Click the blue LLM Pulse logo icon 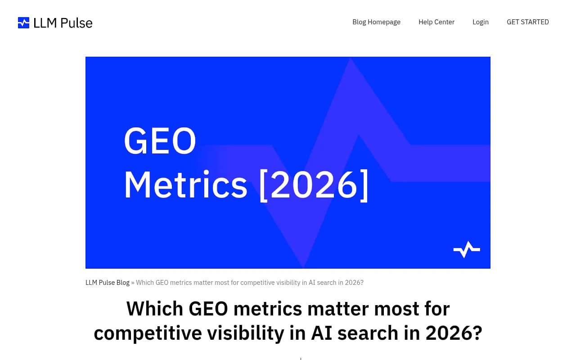[x=23, y=22]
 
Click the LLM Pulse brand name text [x=63, y=22]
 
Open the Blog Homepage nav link [x=376, y=22]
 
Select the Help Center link [x=436, y=22]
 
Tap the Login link [x=481, y=22]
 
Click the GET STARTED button [x=528, y=22]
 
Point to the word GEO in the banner [x=160, y=141]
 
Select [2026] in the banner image [x=314, y=184]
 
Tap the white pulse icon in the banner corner [x=467, y=249]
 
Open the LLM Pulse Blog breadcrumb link [x=108, y=283]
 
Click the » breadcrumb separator [x=133, y=283]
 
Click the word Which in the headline [x=154, y=309]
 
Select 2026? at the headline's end [x=454, y=333]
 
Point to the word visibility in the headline [x=245, y=333]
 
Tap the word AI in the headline [x=322, y=333]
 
